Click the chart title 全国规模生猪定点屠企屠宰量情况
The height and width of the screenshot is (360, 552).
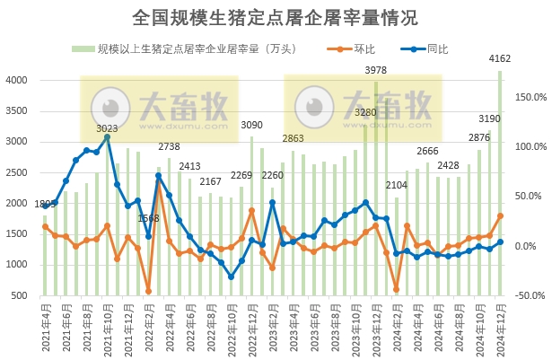coord(276,17)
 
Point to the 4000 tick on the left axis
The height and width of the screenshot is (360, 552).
coord(18,81)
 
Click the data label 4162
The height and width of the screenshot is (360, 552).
coord(500,59)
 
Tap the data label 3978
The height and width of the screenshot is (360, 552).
coord(375,70)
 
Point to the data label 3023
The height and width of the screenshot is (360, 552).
coord(107,128)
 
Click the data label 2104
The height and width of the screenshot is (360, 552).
coord(396,185)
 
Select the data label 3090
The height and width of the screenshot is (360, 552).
coord(251,125)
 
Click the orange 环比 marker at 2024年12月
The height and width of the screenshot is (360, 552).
coord(500,215)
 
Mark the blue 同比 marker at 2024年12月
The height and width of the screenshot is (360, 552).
coord(500,241)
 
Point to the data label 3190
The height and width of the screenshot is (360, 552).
coord(489,119)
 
